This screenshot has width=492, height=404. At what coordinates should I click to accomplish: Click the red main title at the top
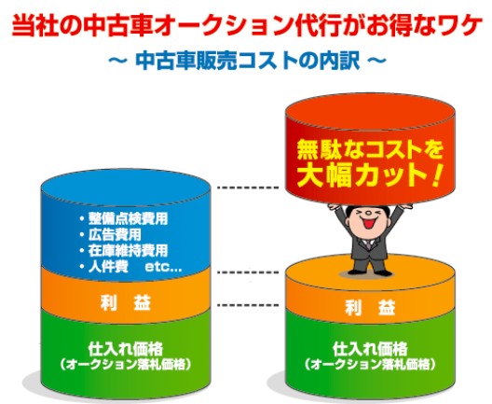(x=246, y=25)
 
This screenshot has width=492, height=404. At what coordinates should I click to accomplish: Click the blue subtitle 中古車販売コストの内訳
(x=248, y=61)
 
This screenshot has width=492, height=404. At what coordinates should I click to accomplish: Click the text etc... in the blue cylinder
(x=163, y=268)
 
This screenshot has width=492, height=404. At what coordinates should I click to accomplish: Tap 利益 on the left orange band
(x=126, y=303)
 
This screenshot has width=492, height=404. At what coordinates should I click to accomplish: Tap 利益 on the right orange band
(x=370, y=307)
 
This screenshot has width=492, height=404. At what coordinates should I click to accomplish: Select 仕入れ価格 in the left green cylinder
(x=126, y=349)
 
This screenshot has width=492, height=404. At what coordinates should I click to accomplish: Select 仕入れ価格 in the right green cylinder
(x=370, y=349)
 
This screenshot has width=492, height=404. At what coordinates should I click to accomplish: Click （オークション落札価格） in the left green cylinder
(x=126, y=365)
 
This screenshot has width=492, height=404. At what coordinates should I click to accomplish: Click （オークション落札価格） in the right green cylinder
(x=370, y=365)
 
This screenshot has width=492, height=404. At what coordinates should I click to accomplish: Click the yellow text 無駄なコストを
(x=370, y=150)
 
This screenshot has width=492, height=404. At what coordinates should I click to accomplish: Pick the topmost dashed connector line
(x=248, y=188)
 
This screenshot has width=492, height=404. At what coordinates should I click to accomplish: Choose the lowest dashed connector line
(x=248, y=305)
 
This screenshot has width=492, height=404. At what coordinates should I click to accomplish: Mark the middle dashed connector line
(x=248, y=272)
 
